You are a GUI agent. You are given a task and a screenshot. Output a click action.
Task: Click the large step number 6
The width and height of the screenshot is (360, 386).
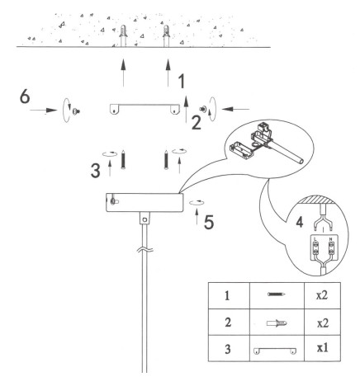(25, 96)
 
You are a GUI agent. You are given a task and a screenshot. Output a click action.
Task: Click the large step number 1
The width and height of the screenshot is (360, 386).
(182, 82)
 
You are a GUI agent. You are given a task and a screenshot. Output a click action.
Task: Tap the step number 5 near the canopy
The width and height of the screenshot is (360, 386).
(209, 222)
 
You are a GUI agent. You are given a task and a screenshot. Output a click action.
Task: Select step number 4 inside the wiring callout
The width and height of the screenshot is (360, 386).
(300, 222)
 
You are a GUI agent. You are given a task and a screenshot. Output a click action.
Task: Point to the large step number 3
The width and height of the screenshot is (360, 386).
(96, 171)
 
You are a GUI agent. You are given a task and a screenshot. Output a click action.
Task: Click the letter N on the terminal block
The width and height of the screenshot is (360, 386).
(330, 239)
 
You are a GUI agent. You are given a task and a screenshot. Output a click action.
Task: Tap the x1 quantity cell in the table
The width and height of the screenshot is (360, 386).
(322, 348)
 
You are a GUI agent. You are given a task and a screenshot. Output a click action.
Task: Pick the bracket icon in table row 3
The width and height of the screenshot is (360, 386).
(275, 351)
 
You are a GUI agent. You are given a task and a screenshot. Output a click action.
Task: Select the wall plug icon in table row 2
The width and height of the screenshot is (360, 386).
(277, 322)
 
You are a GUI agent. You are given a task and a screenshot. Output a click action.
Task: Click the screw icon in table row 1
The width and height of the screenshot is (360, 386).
(277, 294)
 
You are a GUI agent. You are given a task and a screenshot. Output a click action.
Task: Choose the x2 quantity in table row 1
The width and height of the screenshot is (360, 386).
(322, 295)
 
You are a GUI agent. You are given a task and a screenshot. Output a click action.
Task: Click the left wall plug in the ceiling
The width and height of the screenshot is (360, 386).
(123, 35)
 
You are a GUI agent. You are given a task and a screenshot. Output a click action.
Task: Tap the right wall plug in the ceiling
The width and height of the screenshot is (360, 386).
(166, 35)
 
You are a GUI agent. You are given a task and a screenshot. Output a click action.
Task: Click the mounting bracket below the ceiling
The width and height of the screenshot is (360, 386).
(144, 109)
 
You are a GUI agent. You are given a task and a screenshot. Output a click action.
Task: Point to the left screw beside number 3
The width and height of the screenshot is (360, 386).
(123, 159)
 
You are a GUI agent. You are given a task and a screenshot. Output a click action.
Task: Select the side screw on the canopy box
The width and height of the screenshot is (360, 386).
(114, 201)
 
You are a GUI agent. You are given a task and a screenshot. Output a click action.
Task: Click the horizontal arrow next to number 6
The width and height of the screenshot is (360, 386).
(43, 111)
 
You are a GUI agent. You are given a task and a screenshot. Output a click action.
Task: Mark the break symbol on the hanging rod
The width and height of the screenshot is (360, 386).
(144, 250)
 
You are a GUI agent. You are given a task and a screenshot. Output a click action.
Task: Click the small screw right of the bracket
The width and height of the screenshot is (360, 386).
(204, 109)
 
